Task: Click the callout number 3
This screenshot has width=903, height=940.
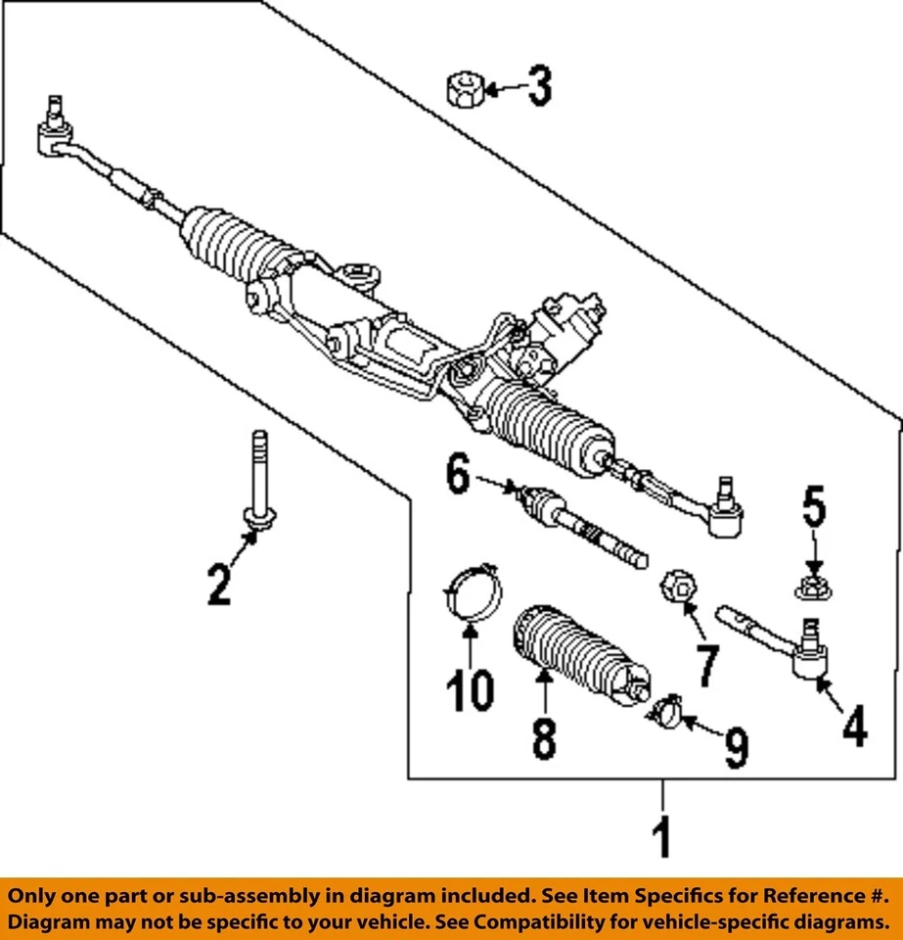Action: click(x=539, y=88)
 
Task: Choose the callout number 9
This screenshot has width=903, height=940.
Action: click(x=735, y=750)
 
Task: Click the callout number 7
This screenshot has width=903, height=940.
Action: click(x=706, y=666)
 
